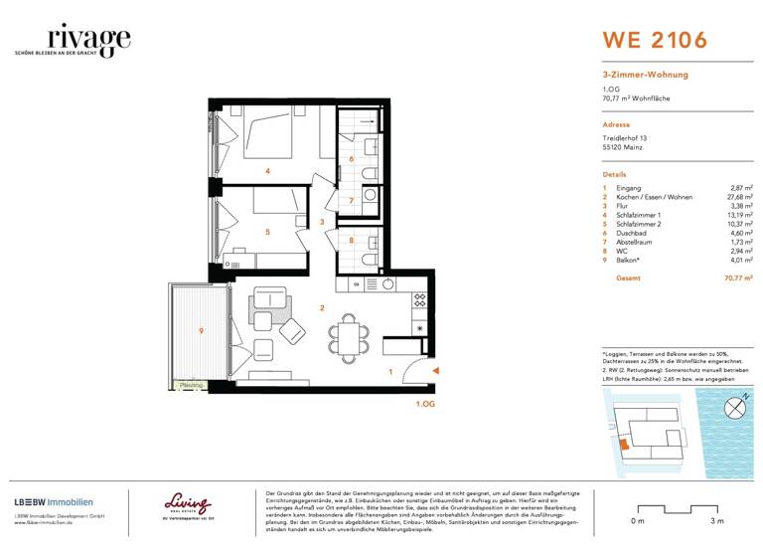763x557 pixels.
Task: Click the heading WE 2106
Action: pos(655,41)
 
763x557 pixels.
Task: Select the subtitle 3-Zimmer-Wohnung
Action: pos(645,75)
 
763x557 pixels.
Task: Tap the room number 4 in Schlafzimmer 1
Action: pos(267,171)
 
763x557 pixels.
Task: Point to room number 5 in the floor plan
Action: pos(267,232)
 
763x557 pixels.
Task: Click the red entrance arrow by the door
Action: pos(435,373)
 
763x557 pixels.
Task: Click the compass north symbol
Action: pos(733,405)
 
